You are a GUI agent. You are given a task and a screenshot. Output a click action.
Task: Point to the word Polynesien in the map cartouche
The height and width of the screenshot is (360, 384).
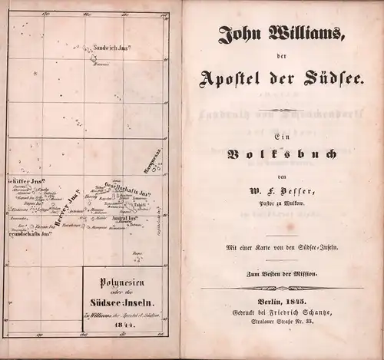122,282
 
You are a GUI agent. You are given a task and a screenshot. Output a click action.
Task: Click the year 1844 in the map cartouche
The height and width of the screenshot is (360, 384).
123,323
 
